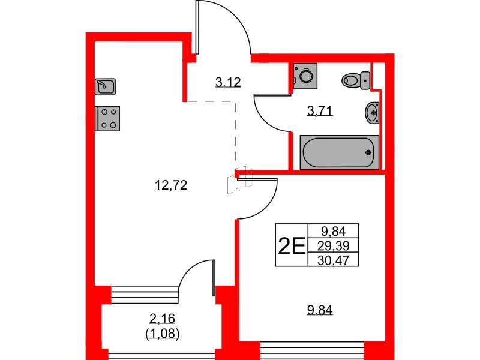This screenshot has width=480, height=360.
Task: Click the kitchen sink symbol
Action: [x=105, y=86]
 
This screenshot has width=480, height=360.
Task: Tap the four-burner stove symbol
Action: [x=108, y=118]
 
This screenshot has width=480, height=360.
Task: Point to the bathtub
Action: [x=339, y=152]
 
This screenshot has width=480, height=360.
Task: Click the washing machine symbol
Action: [x=305, y=75]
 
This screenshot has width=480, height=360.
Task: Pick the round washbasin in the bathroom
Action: [x=373, y=112]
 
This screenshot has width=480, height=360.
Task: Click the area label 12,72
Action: [x=171, y=186]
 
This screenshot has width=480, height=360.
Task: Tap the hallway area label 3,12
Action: [x=228, y=82]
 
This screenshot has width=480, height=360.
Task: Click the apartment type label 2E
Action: [x=291, y=245]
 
